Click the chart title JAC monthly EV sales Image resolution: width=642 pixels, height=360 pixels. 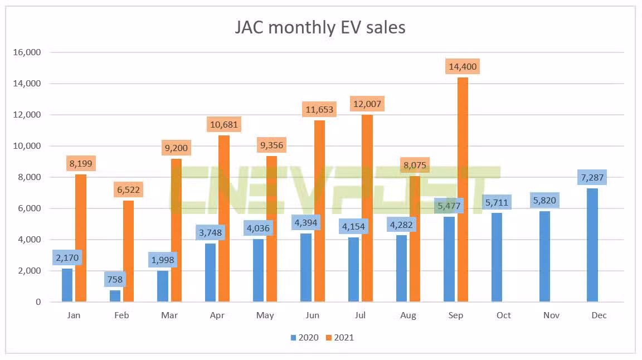click(320, 27)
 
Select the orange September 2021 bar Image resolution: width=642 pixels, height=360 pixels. click(463, 189)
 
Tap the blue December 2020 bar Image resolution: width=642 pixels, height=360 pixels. click(592, 245)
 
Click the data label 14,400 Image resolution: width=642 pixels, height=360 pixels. click(463, 67)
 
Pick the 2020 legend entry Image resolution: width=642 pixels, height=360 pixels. click(304, 337)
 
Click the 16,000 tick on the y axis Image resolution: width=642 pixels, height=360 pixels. click(26, 52)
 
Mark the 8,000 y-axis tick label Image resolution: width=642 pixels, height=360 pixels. click(28, 177)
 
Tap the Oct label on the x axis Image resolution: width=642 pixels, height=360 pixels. click(503, 315)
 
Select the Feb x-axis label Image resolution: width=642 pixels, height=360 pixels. click(121, 315)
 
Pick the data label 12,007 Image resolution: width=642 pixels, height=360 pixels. click(367, 103)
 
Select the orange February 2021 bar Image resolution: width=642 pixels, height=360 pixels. click(128, 251)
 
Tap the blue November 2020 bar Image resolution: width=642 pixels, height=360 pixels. click(545, 256)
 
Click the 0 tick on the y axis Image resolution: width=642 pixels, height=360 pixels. click(38, 302)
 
